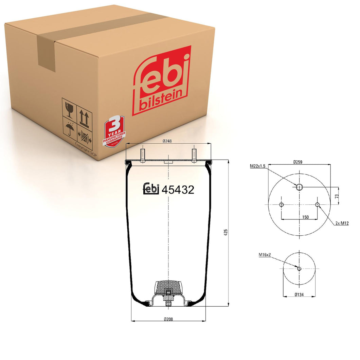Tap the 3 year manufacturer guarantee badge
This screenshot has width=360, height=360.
(x=114, y=131)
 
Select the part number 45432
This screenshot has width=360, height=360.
(x=178, y=190)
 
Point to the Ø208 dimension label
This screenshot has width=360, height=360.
(x=168, y=319)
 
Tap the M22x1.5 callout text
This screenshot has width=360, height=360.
(x=258, y=166)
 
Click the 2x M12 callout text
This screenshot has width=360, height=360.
(x=342, y=223)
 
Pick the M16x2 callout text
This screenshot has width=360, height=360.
(x=265, y=254)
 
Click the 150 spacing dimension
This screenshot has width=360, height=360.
(x=305, y=217)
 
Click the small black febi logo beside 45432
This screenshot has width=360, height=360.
(x=151, y=189)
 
